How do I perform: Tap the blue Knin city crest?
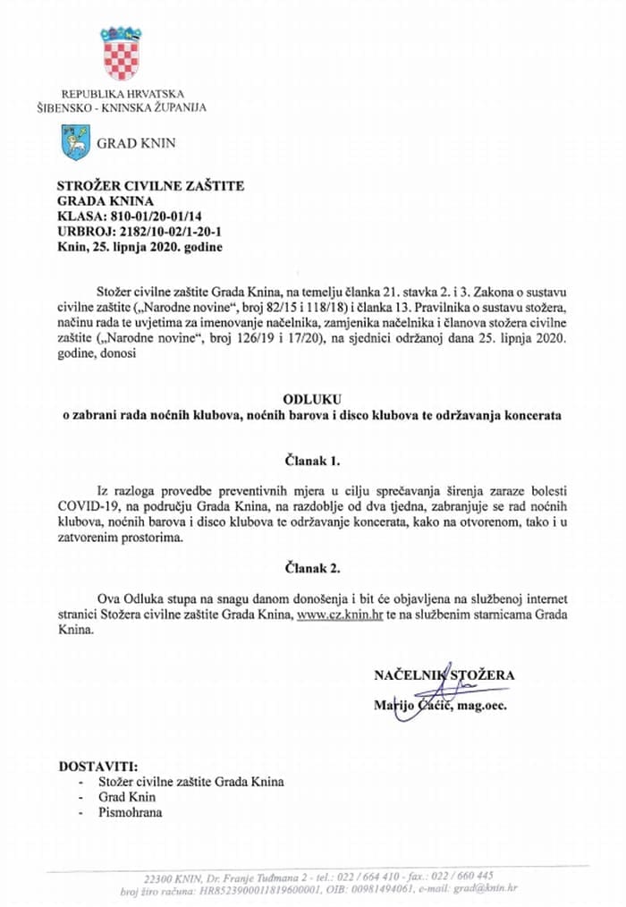point(73,142)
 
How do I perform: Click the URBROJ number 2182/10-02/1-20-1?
point(159,231)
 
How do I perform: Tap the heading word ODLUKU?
point(312,399)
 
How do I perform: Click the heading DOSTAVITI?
point(99,767)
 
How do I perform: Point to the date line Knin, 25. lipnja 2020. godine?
point(140,246)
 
